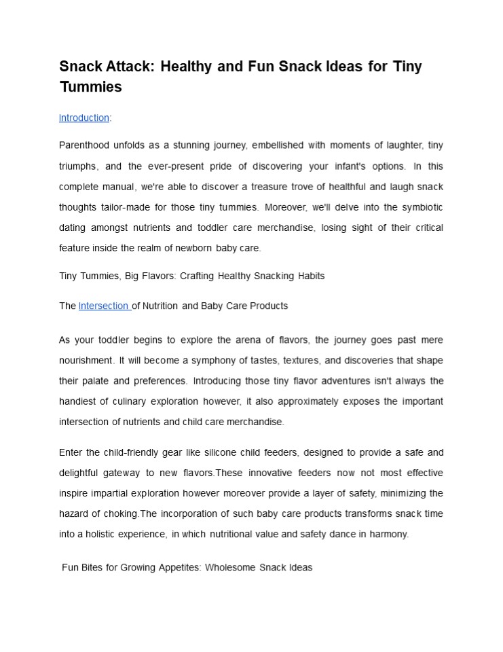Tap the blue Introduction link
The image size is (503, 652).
83,118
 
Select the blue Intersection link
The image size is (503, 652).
104,306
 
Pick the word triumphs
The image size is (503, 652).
79,166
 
